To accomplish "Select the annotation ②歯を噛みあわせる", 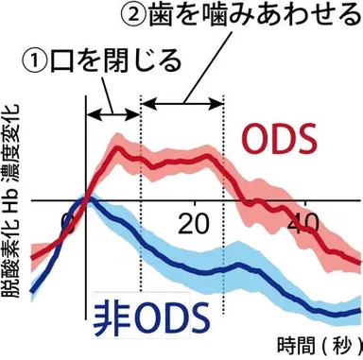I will [237, 17].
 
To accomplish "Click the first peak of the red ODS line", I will [118, 148].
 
